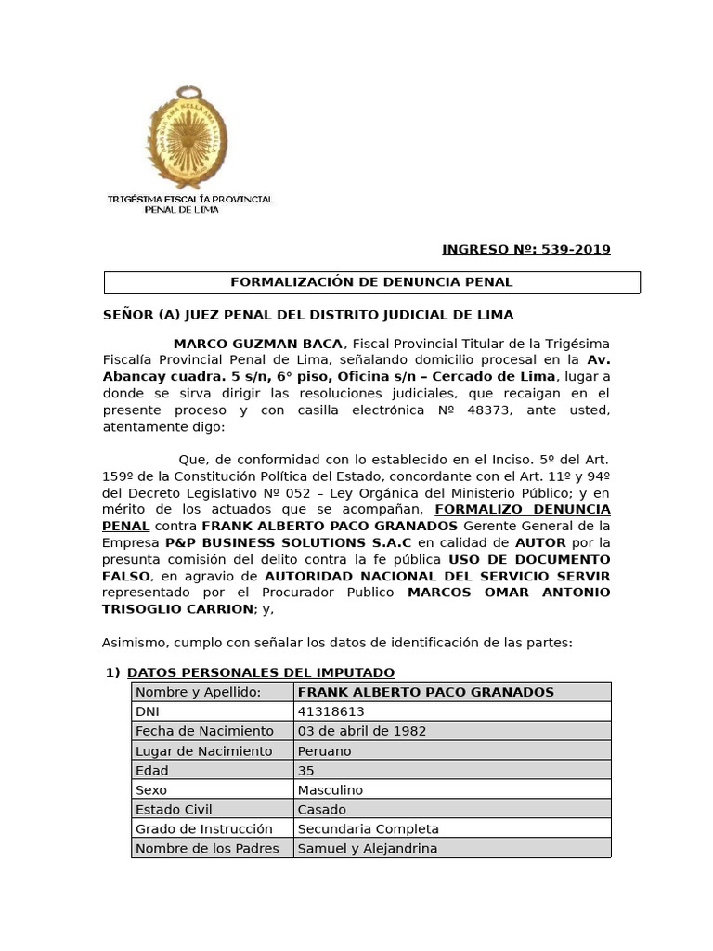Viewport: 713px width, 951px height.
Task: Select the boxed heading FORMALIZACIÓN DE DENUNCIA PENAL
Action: (371, 282)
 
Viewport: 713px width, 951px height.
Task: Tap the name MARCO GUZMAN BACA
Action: (257, 344)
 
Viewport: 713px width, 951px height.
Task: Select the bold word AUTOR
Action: (541, 542)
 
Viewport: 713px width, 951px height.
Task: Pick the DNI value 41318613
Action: (331, 711)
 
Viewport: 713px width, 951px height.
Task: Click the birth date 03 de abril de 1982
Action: (361, 731)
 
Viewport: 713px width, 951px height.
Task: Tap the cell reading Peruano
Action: (324, 750)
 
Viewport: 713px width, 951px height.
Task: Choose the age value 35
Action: (305, 770)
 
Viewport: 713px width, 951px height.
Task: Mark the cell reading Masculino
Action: (330, 789)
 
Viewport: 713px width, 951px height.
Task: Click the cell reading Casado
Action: (321, 809)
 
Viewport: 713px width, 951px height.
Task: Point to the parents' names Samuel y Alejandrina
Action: (367, 848)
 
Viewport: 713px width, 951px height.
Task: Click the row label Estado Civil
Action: (174, 809)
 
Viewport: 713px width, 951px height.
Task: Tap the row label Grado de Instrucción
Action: (204, 828)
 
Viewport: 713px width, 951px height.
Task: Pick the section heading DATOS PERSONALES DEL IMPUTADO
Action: (261, 672)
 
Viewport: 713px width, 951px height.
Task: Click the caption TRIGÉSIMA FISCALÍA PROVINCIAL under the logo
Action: (190, 199)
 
